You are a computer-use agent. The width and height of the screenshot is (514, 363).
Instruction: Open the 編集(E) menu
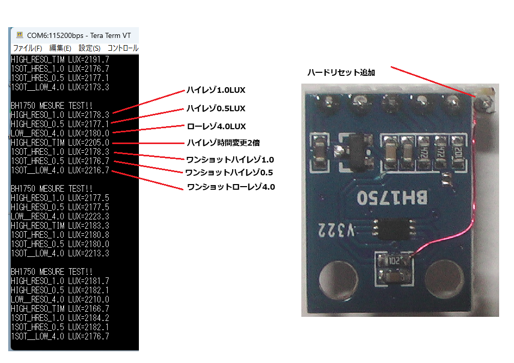[60, 48]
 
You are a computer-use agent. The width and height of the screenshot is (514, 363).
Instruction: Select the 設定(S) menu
[89, 48]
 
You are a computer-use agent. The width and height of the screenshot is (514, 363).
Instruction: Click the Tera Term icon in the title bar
[19, 35]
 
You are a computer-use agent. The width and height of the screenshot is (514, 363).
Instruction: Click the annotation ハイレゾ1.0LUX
[216, 90]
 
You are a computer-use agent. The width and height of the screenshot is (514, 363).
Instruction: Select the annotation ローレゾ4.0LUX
[216, 126]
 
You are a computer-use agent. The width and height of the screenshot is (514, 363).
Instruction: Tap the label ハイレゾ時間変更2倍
[226, 143]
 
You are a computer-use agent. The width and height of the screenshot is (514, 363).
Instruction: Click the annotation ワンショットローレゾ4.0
[231, 187]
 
